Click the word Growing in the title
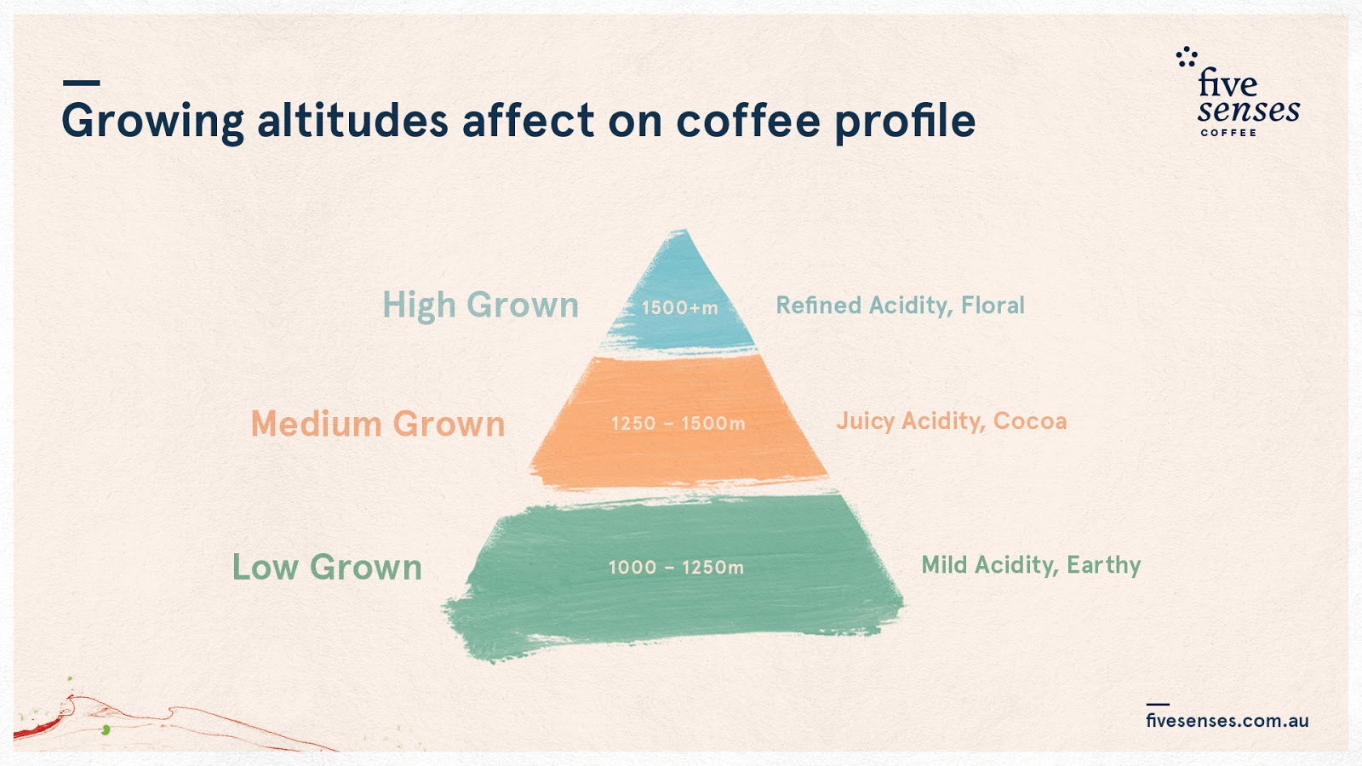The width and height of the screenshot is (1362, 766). [x=152, y=122]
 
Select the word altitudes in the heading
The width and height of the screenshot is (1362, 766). [x=352, y=120]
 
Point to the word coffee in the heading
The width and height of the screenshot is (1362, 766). [x=748, y=120]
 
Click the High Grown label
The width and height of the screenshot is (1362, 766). [x=480, y=306]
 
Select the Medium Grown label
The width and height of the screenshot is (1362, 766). [x=378, y=424]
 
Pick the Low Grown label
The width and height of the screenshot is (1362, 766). [x=327, y=568]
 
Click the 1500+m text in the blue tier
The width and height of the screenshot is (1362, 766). [x=679, y=307]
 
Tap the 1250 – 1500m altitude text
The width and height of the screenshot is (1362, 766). [x=678, y=423]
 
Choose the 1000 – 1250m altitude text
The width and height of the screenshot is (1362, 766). [x=676, y=567]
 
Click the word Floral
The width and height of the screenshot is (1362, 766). [x=993, y=305]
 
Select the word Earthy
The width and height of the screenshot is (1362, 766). [x=1103, y=565]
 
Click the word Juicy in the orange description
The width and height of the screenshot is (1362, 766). [x=865, y=421]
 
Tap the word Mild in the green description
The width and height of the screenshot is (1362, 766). [x=944, y=564]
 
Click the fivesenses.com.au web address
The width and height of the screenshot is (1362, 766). [x=1227, y=720]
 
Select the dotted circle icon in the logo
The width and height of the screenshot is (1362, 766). [x=1187, y=57]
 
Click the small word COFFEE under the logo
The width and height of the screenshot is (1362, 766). [x=1228, y=133]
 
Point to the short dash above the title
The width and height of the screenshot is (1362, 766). [x=81, y=83]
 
